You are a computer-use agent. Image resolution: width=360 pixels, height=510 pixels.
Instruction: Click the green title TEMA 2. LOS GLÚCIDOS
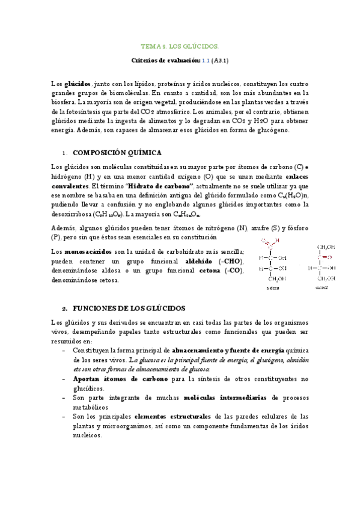[x=180, y=46]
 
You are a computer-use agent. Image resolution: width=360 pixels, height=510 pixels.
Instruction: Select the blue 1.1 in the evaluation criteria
[x=206, y=61]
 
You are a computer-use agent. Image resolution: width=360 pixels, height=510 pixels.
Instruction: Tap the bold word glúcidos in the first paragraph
[x=78, y=85]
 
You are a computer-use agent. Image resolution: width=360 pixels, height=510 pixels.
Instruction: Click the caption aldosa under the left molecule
[x=273, y=288]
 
